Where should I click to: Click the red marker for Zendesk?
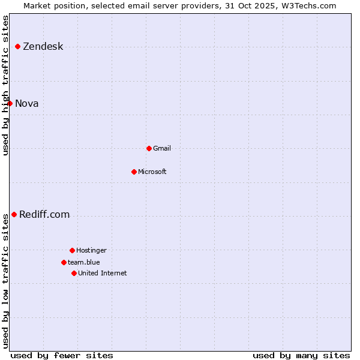pos(17,46)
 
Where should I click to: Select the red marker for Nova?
pos(10,103)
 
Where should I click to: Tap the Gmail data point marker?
pos(149,148)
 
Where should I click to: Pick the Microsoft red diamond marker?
pos(134,172)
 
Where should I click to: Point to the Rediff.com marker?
pos(14,214)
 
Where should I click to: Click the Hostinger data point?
pos(72,250)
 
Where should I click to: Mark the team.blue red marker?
pos(64,262)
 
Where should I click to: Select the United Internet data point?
pos(74,273)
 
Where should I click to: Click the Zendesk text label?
pos(43,47)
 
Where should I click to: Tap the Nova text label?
pos(27,104)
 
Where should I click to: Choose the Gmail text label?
pos(162,148)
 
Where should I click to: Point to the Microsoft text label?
pos(152,172)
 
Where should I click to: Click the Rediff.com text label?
pos(44,215)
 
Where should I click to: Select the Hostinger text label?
pos(91,250)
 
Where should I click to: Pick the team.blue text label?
pos(84,262)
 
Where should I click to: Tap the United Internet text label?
pos(103,273)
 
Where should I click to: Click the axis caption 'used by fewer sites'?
pos(62,355)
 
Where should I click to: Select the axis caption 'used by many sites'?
pos(301,355)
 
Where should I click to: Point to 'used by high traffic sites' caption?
pos(6,85)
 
